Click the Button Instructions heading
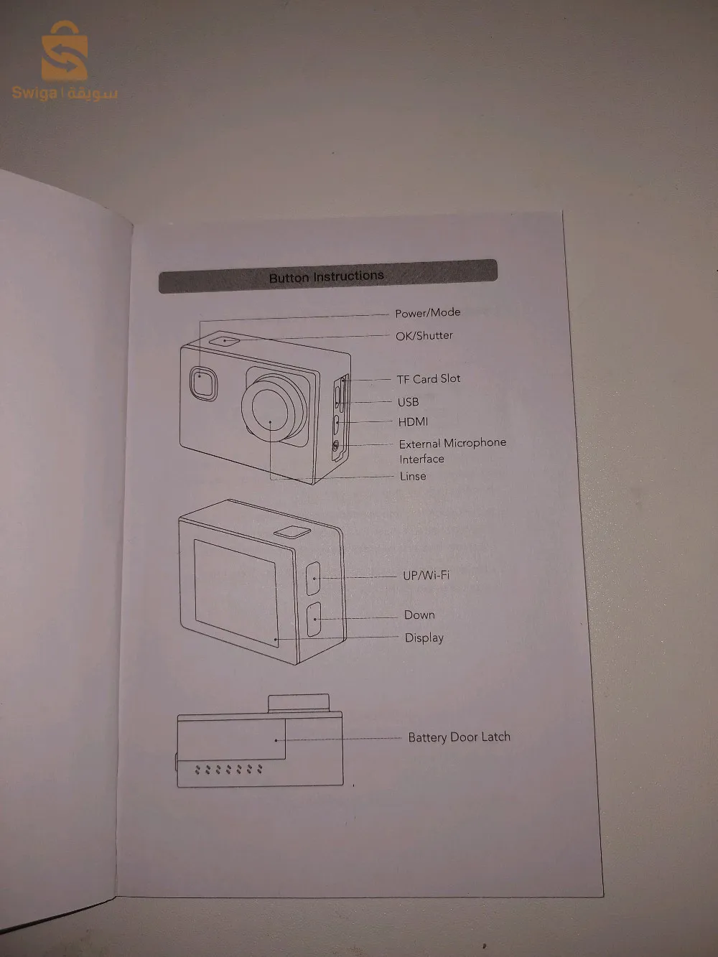pos(327,276)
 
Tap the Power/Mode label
pos(427,312)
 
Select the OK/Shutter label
pos(424,335)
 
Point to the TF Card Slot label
pos(428,378)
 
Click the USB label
pos(408,402)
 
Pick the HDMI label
pos(413,422)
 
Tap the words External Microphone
pos(452,443)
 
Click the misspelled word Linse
pos(413,476)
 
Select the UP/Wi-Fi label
pos(426,575)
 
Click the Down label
pos(419,615)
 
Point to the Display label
pos(424,638)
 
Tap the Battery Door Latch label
pos(459,737)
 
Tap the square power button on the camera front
pos(204,382)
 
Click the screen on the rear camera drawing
pos(236,593)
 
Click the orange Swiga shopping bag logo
pos(64,52)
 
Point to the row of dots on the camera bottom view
pos(228,769)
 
